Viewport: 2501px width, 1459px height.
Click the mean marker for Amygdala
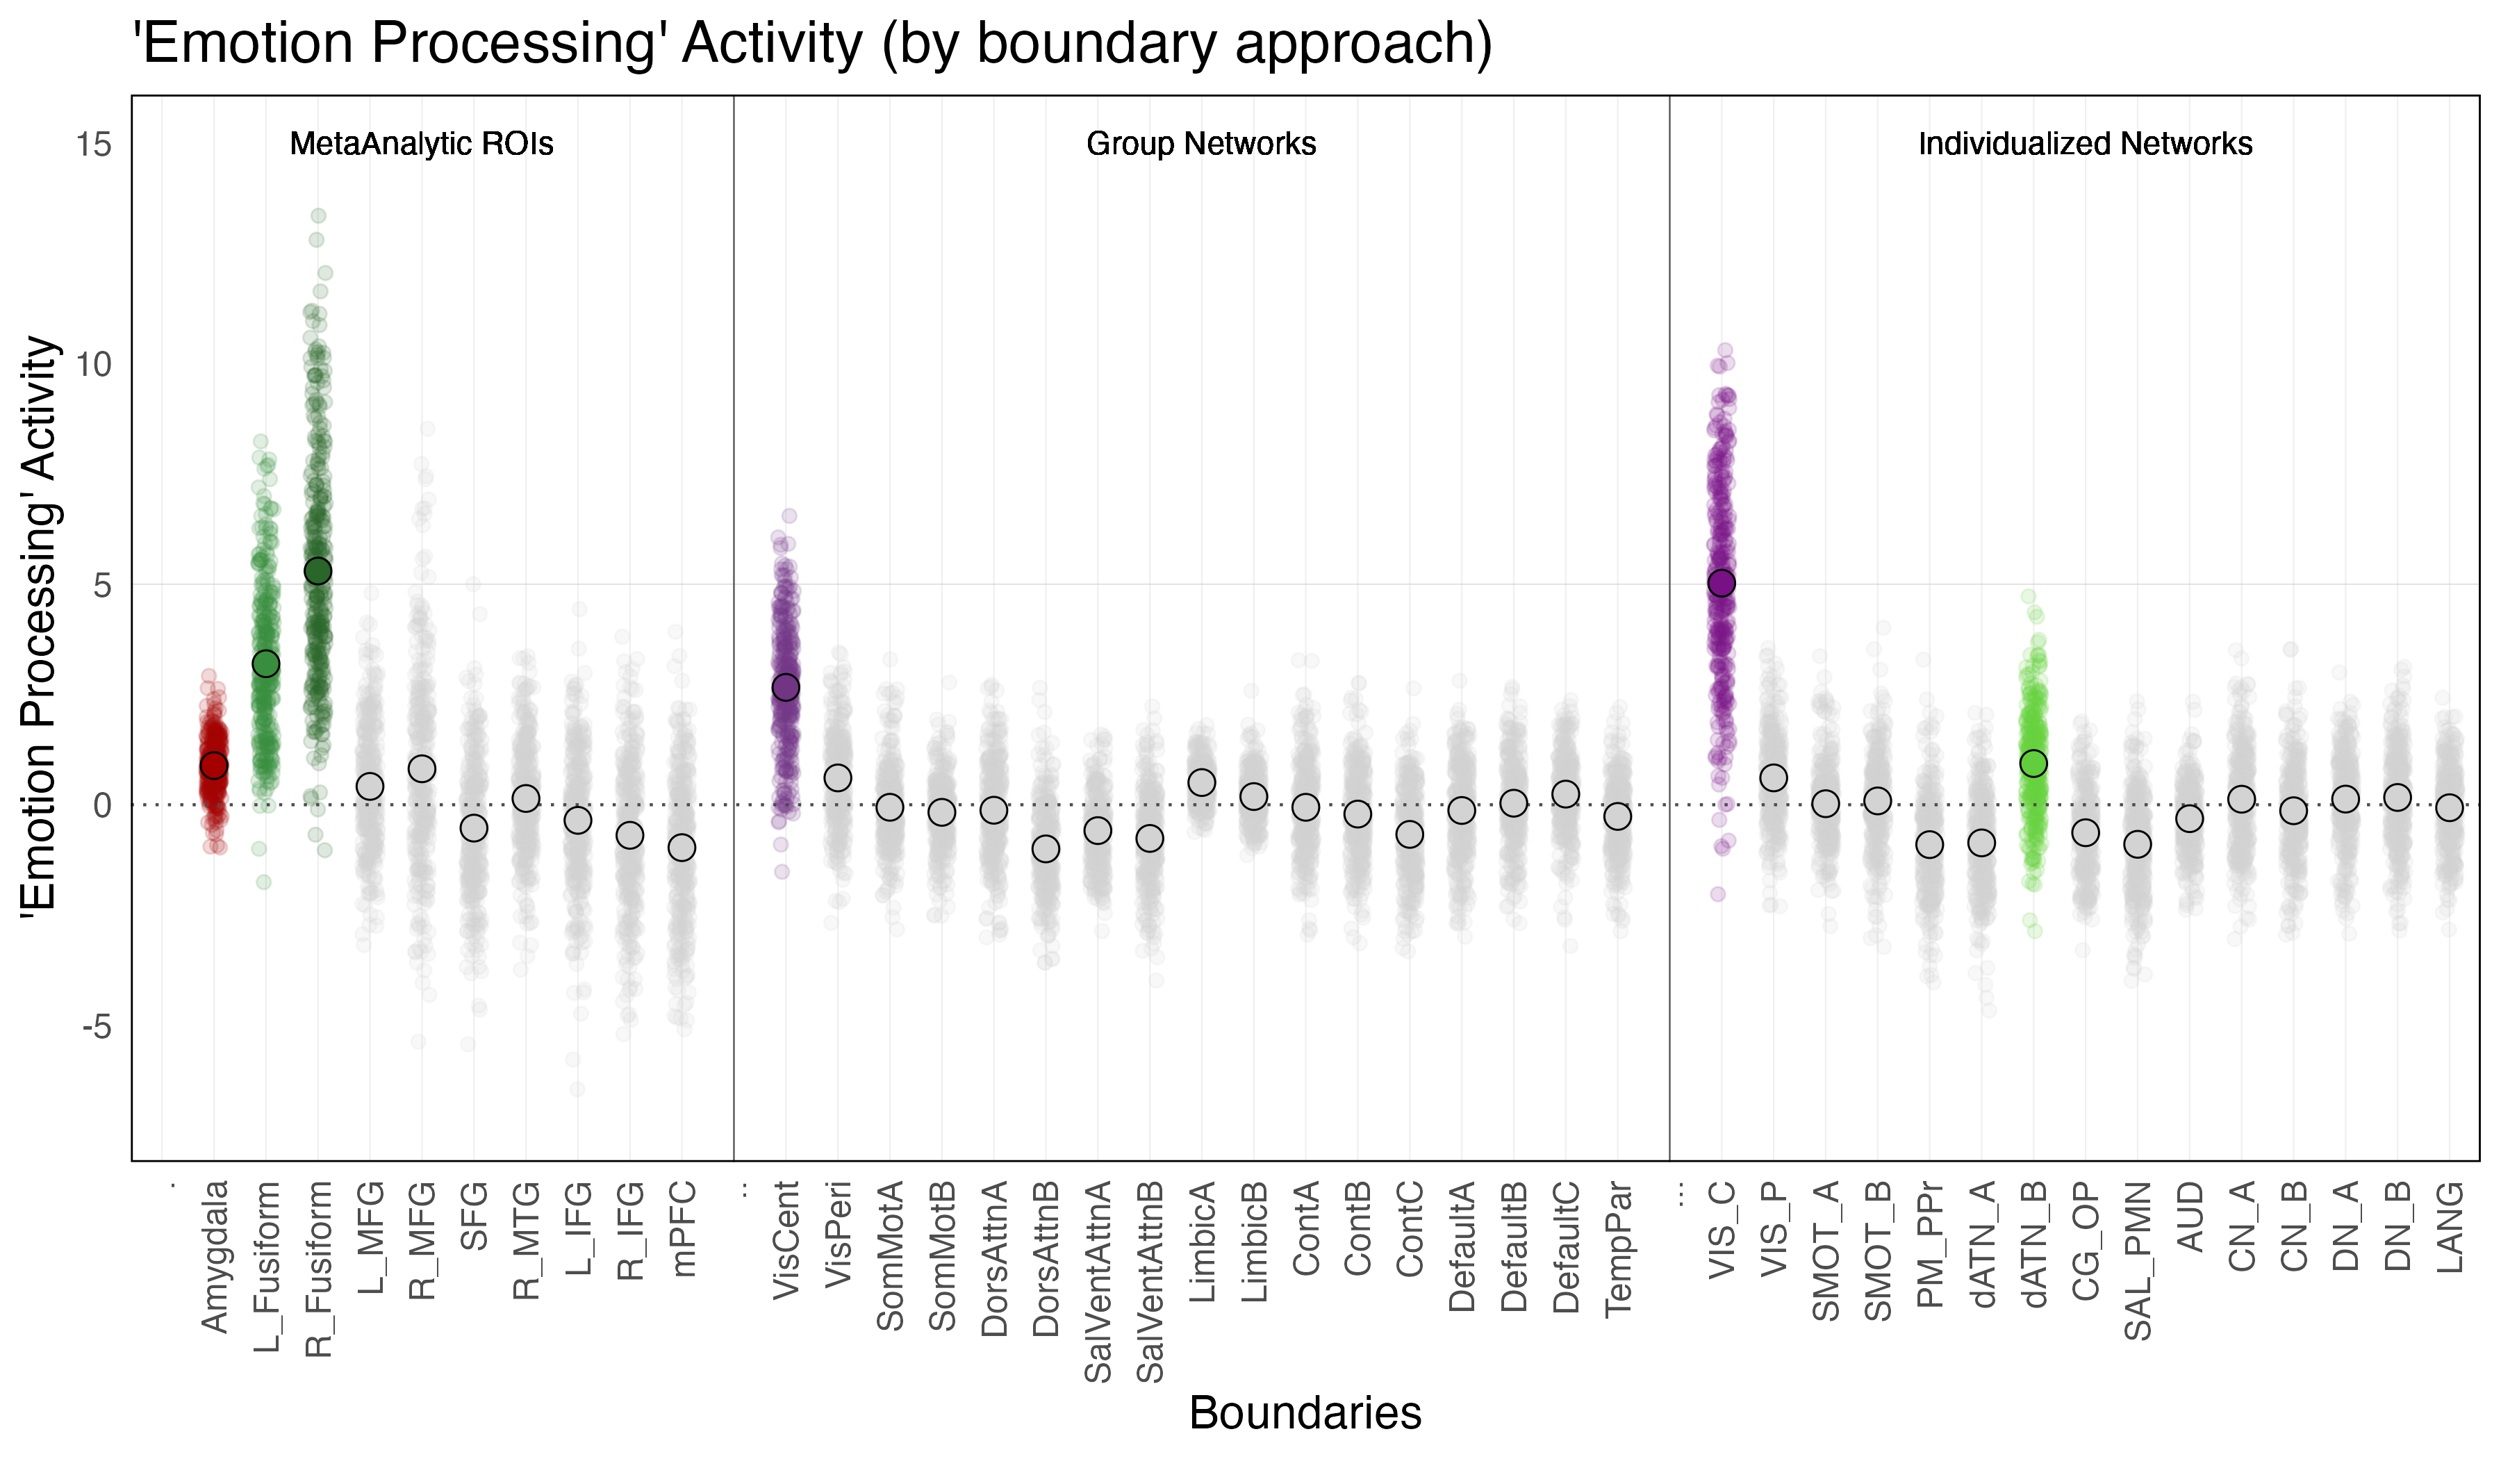point(213,765)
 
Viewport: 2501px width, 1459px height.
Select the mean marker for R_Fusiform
point(317,570)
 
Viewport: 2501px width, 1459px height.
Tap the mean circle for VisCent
point(786,687)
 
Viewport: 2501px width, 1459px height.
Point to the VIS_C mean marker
point(1721,583)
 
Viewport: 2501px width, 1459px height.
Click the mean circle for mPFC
point(682,848)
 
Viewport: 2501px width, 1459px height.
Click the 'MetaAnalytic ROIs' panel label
point(421,144)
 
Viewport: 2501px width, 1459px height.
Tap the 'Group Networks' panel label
point(1201,144)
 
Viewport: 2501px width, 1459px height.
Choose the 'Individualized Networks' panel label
point(2084,144)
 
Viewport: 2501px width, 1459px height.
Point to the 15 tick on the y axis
point(94,146)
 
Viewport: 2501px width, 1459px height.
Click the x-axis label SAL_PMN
point(2138,1260)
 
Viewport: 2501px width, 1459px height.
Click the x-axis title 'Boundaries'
point(1305,1412)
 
